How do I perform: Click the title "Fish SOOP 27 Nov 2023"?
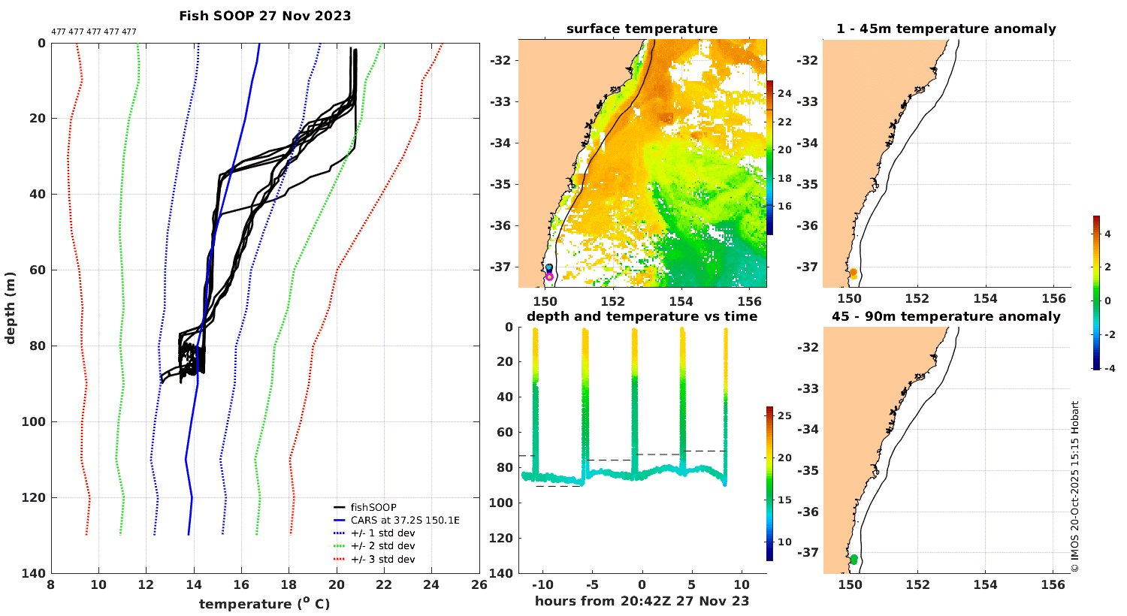[264, 16]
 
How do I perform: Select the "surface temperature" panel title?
[642, 29]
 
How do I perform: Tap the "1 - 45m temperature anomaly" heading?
[946, 29]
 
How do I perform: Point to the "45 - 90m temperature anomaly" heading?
[946, 316]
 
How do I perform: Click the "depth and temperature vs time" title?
[642, 316]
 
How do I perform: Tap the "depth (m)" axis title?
[11, 308]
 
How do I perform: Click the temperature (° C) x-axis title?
[264, 604]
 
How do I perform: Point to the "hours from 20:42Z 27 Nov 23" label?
[642, 601]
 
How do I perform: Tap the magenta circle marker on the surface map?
[549, 277]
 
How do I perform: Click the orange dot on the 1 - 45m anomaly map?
[853, 273]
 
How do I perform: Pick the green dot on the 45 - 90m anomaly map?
[854, 560]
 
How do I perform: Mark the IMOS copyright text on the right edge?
[1075, 487]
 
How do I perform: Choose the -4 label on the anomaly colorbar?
[1107, 369]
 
